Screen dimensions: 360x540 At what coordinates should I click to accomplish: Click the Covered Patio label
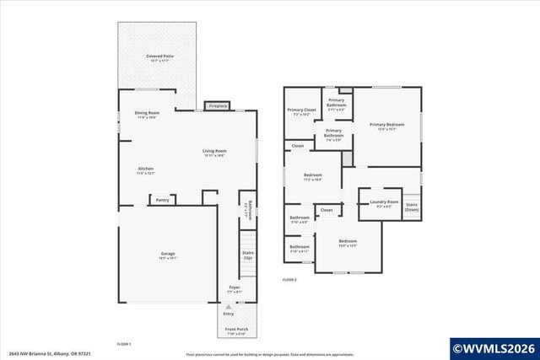pyautogui.click(x=159, y=57)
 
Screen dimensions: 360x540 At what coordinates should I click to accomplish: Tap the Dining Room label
pyautogui.click(x=148, y=115)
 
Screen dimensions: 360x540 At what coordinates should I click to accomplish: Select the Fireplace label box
pyautogui.click(x=218, y=106)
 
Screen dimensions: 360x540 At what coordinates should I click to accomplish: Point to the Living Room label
pyautogui.click(x=214, y=153)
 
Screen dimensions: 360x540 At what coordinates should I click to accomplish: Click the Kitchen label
pyautogui.click(x=146, y=170)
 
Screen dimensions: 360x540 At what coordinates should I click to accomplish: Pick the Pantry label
pyautogui.click(x=162, y=200)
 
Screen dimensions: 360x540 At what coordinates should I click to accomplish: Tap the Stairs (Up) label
pyautogui.click(x=248, y=254)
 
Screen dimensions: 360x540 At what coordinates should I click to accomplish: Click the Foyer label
pyautogui.click(x=235, y=289)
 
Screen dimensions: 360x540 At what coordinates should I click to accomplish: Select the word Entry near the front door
pyautogui.click(x=228, y=313)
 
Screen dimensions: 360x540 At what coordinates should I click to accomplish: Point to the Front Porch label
pyautogui.click(x=235, y=331)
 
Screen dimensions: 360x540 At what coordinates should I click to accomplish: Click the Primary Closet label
pyautogui.click(x=301, y=111)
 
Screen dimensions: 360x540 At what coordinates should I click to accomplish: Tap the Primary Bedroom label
pyautogui.click(x=387, y=126)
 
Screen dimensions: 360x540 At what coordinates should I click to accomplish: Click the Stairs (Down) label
pyautogui.click(x=412, y=207)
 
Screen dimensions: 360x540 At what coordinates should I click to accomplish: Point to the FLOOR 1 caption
pyautogui.click(x=124, y=344)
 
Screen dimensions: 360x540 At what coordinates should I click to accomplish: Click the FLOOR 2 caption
pyautogui.click(x=289, y=279)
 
